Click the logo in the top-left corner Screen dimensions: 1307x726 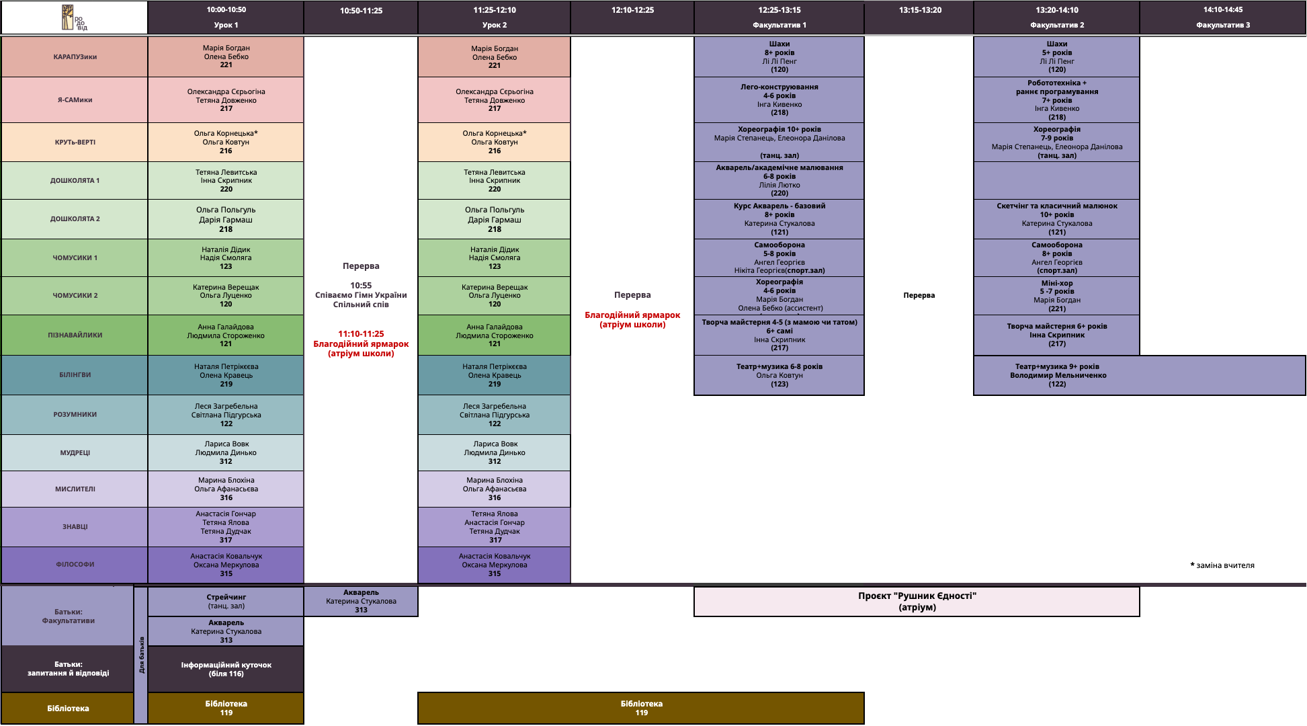tap(74, 17)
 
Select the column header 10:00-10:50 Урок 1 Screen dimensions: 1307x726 tap(226, 17)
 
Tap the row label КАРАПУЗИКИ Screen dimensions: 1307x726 tap(75, 57)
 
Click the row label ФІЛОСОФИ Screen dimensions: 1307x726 tap(75, 565)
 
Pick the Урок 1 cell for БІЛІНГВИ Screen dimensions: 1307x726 tap(226, 375)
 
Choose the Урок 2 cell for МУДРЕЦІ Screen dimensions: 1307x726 tap(495, 452)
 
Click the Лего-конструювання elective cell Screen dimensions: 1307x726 tap(779, 99)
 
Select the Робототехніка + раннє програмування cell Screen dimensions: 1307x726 tap(1056, 99)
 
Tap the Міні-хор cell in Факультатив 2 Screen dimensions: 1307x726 tap(1056, 296)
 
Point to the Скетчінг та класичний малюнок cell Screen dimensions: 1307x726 tap(1056, 219)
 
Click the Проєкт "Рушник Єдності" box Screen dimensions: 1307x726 tap(917, 602)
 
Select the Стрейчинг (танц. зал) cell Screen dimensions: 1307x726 tap(226, 602)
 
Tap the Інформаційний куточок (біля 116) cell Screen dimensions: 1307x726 tap(226, 669)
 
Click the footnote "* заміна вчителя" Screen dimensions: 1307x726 tap(1222, 565)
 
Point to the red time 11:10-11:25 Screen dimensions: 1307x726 tap(361, 334)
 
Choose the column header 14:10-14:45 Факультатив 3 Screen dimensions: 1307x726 tap(1222, 17)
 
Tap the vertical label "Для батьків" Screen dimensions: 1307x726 tap(141, 655)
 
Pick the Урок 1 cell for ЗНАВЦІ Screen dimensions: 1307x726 tap(226, 527)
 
